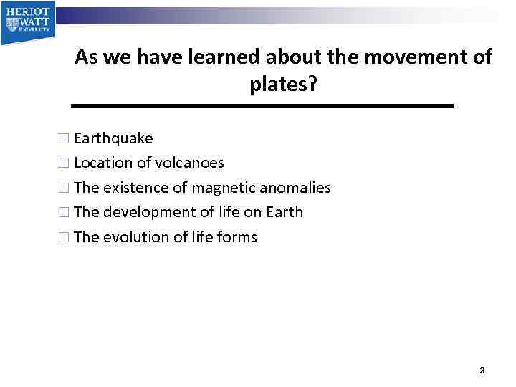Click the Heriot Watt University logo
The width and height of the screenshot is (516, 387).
[27, 21]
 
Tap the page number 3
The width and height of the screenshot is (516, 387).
[482, 371]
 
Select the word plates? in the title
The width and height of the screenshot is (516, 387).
[283, 85]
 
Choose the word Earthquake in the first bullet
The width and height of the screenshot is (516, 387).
[113, 138]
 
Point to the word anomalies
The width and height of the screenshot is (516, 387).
[295, 188]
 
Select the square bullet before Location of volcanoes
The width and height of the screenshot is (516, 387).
[64, 163]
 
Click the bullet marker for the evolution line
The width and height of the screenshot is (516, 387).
[64, 238]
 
